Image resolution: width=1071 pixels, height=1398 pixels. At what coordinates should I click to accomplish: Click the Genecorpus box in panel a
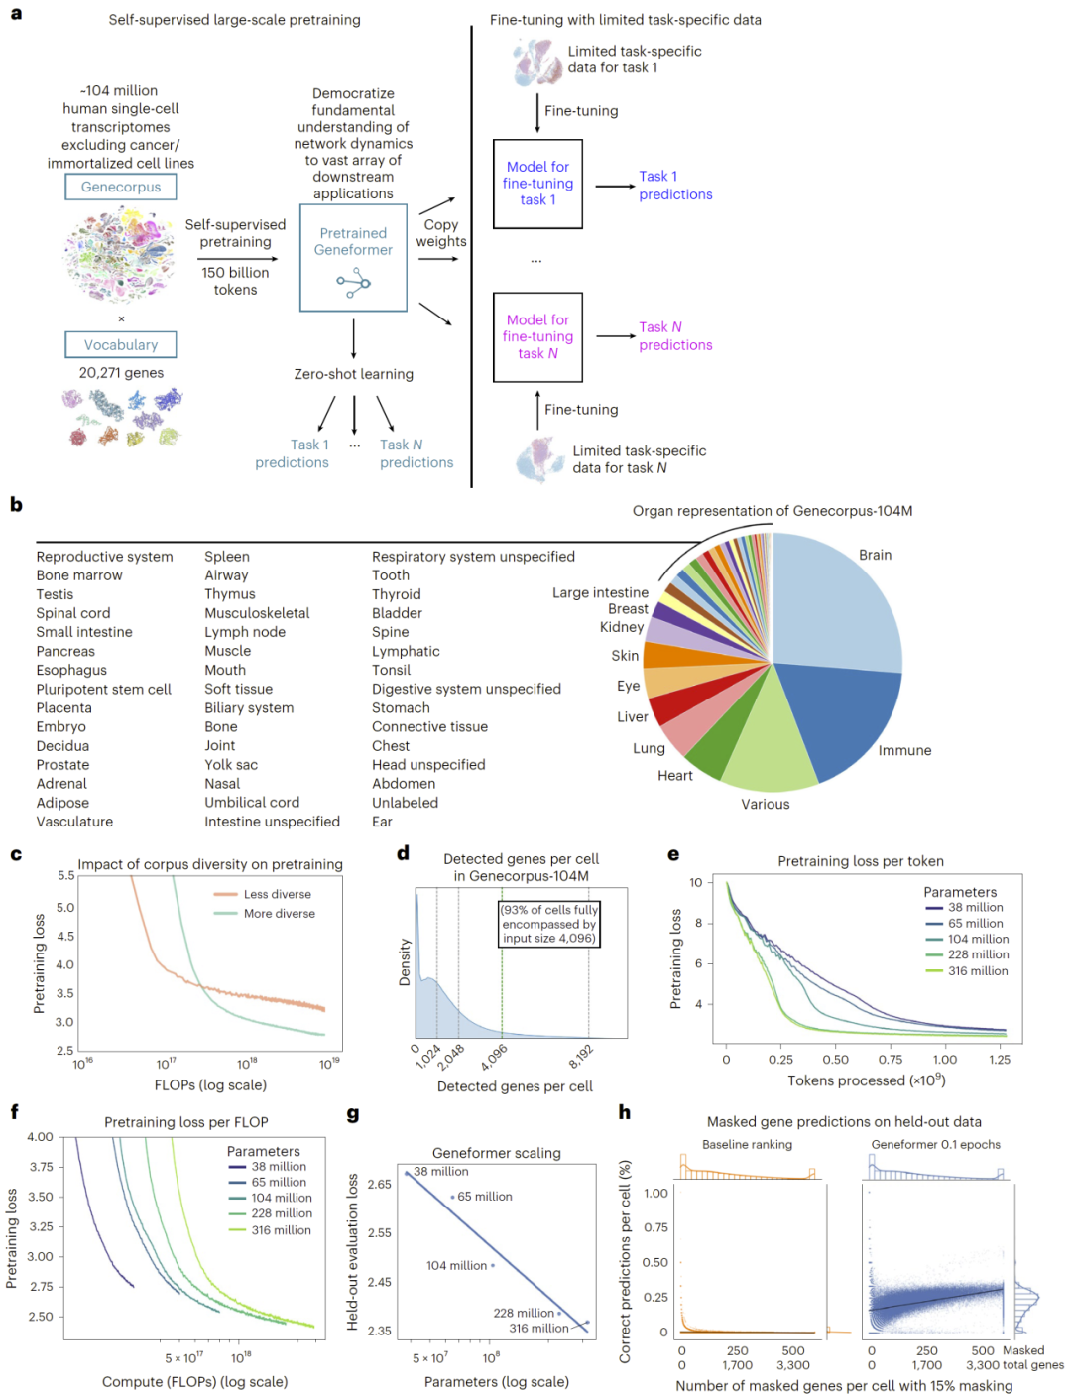point(121,187)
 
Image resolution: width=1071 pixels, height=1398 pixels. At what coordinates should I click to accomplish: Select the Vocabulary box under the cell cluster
point(121,344)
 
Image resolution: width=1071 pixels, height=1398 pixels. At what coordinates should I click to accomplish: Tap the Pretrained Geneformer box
point(353,257)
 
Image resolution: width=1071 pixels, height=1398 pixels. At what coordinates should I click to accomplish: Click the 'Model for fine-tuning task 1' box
point(537,184)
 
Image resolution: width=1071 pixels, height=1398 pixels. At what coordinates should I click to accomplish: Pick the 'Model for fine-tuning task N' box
point(537,336)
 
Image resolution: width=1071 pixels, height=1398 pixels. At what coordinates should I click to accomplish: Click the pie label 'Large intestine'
point(600,592)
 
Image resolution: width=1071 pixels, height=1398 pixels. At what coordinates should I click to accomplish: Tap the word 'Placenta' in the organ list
point(64,707)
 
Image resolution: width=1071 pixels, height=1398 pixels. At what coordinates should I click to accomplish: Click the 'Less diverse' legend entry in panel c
point(277,894)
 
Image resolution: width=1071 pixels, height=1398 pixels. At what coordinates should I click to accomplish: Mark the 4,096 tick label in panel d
point(494,1056)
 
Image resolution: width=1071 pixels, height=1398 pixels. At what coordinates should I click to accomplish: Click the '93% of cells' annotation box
point(549,924)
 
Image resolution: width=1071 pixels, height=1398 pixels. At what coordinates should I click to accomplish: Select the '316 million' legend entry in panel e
point(977,970)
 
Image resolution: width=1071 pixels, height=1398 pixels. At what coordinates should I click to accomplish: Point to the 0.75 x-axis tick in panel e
point(890,1059)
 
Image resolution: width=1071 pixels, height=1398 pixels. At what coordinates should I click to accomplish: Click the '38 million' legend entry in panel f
point(278,1166)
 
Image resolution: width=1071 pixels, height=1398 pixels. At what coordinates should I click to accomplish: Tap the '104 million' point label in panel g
point(457,1265)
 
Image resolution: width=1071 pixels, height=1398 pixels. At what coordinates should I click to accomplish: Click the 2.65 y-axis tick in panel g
point(379,1184)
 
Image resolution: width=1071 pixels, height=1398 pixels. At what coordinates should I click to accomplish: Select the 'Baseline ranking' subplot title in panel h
point(747,1144)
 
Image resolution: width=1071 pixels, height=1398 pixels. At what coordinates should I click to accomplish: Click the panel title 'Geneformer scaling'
point(497,1153)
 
